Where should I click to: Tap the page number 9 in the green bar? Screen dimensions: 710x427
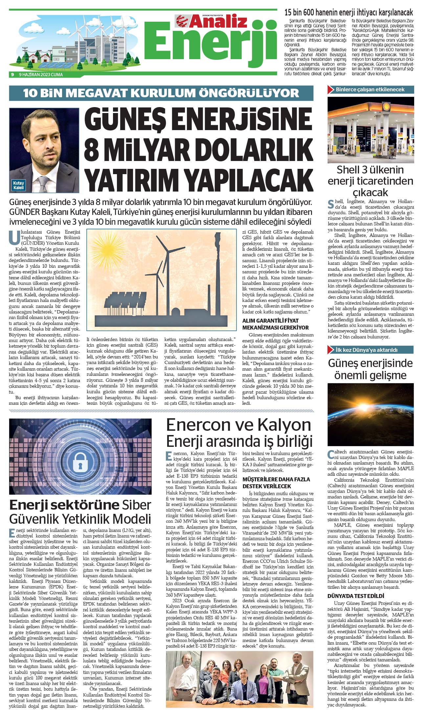pos(12,75)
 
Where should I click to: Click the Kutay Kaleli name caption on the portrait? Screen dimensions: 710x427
pos(18,185)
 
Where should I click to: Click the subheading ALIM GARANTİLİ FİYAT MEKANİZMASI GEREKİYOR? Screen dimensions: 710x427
pos(275,324)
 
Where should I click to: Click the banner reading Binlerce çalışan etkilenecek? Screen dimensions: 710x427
pos(370,89)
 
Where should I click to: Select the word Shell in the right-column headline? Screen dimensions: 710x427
pos(348,170)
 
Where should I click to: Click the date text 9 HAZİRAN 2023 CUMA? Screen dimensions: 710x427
pos(41,75)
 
